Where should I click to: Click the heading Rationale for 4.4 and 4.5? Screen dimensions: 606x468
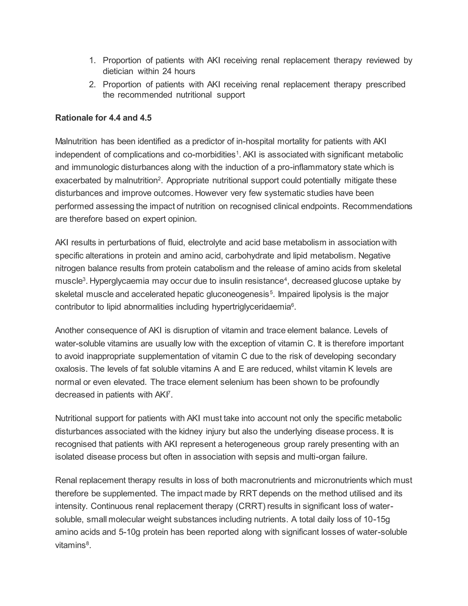point(104,118)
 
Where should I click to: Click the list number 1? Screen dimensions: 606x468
point(92,61)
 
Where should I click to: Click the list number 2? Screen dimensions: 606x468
point(92,84)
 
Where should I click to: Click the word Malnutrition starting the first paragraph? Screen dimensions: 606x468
point(76,142)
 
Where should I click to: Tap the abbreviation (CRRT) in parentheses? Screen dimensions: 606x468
point(251,506)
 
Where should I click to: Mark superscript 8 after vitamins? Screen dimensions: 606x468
point(87,543)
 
